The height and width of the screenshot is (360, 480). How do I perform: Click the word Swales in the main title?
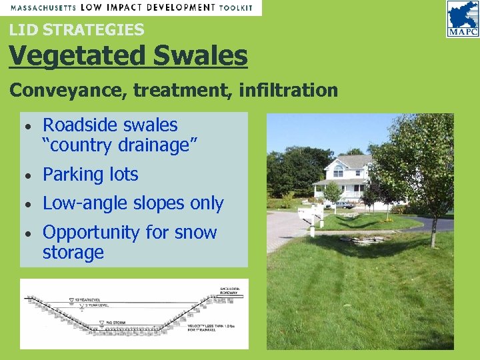200,56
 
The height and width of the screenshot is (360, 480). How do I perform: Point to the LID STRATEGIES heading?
77,30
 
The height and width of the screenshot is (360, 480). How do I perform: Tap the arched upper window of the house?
338,172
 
